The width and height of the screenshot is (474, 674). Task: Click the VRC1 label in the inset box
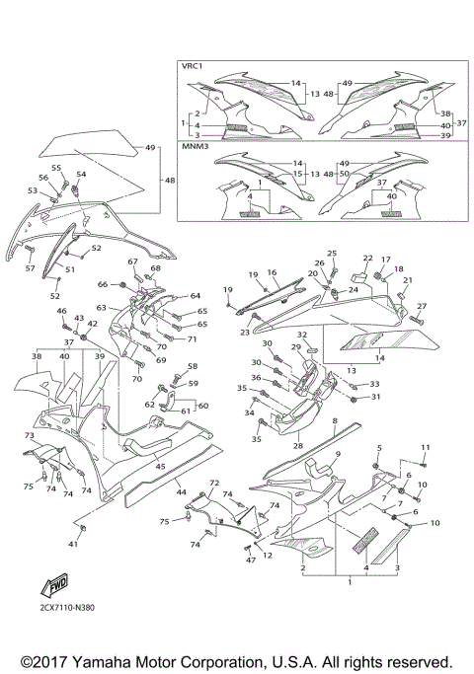pos(192,66)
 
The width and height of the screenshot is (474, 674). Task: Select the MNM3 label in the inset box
pos(194,146)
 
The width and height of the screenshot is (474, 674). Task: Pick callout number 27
pos(421,307)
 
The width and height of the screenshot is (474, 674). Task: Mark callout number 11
pos(425,448)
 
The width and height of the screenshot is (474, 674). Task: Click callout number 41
pos(73,544)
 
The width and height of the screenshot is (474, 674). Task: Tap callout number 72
pos(212,483)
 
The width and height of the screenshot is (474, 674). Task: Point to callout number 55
pos(56,169)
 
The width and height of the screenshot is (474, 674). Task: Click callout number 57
pos(30,268)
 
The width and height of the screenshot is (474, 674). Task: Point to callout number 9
pos(337,454)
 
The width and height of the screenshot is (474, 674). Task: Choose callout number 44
pos(181,490)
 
